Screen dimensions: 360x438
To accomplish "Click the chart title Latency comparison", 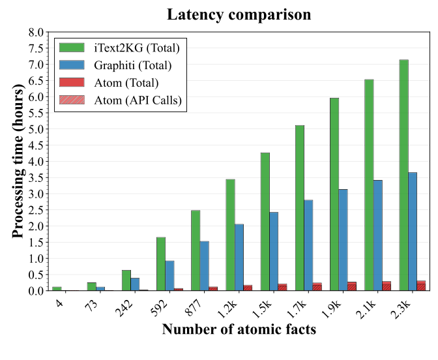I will (239, 14).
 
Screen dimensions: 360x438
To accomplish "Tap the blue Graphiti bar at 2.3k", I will (413, 232).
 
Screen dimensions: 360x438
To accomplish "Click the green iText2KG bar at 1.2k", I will (230, 235).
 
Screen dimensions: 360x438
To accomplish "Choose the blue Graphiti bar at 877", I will (205, 266).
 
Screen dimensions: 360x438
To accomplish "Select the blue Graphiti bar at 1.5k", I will (274, 251).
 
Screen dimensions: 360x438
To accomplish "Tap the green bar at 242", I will (126, 280).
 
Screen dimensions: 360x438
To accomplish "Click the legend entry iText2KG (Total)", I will (138, 48).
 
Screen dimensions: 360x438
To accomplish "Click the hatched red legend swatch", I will (72, 100).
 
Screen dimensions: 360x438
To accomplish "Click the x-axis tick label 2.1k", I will (364, 303).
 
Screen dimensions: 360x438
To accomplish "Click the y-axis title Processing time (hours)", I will (18, 161).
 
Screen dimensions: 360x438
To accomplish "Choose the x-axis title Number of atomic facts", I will (239, 329).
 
